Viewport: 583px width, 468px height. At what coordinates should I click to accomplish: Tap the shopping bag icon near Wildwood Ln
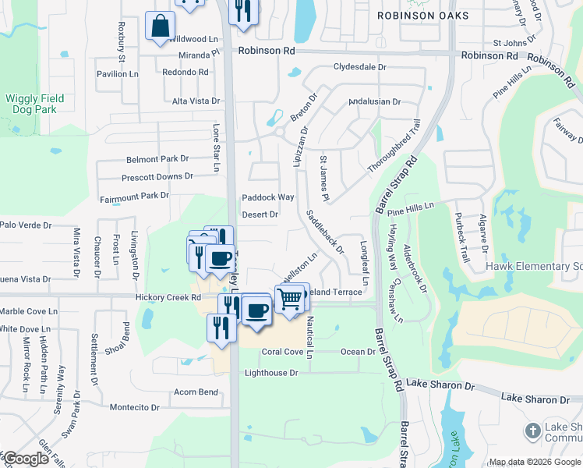click(160, 27)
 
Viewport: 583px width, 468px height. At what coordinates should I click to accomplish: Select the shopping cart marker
click(289, 298)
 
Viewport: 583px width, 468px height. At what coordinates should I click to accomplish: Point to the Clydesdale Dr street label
click(360, 67)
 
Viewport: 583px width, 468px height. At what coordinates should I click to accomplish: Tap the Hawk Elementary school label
click(534, 267)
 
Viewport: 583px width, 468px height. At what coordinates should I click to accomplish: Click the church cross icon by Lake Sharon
click(532, 431)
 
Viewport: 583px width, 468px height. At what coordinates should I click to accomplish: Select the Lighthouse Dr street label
click(272, 373)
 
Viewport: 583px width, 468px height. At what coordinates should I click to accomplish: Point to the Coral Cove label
click(282, 352)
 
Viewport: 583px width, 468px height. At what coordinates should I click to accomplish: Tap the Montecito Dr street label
click(134, 407)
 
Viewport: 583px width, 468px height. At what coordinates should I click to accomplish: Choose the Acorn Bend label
click(196, 392)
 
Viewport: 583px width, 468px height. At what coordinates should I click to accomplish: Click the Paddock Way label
click(268, 197)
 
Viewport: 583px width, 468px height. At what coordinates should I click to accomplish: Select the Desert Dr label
click(260, 214)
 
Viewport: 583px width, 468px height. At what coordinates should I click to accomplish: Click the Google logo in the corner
click(26, 459)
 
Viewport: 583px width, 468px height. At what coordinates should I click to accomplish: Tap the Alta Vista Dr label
click(196, 101)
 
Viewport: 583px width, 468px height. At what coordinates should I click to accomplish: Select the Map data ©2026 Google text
click(534, 462)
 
